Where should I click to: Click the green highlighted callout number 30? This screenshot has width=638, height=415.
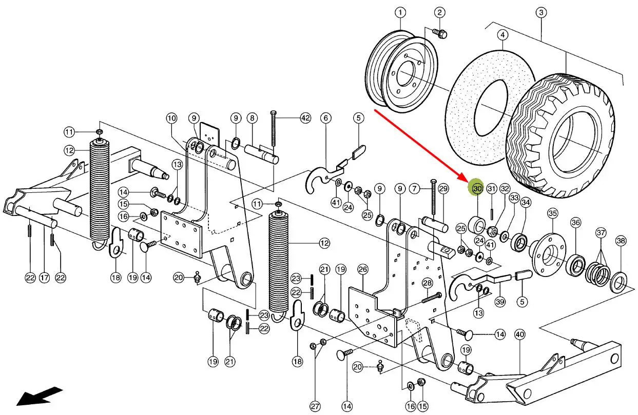point(477,189)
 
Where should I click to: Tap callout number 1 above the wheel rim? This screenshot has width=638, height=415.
point(400,12)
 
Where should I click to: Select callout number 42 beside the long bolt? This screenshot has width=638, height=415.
point(305,118)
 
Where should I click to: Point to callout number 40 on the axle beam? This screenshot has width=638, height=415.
point(519,334)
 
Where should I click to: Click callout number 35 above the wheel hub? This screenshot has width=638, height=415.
point(552,213)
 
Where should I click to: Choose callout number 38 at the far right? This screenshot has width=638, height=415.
point(621,241)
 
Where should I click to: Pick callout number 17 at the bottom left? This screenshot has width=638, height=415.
point(45,278)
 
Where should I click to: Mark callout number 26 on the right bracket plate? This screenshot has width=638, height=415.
point(363,269)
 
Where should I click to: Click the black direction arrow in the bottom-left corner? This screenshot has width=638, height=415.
point(38,397)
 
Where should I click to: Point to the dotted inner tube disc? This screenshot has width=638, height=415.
point(480,110)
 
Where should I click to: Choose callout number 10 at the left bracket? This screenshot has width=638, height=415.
point(171,118)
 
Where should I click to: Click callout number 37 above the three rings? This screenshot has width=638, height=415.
point(601,233)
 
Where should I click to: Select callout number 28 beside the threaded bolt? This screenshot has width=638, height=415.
point(427,283)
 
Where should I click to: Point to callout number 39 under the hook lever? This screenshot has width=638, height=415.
point(500,302)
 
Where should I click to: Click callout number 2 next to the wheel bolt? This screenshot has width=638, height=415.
point(440,12)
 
